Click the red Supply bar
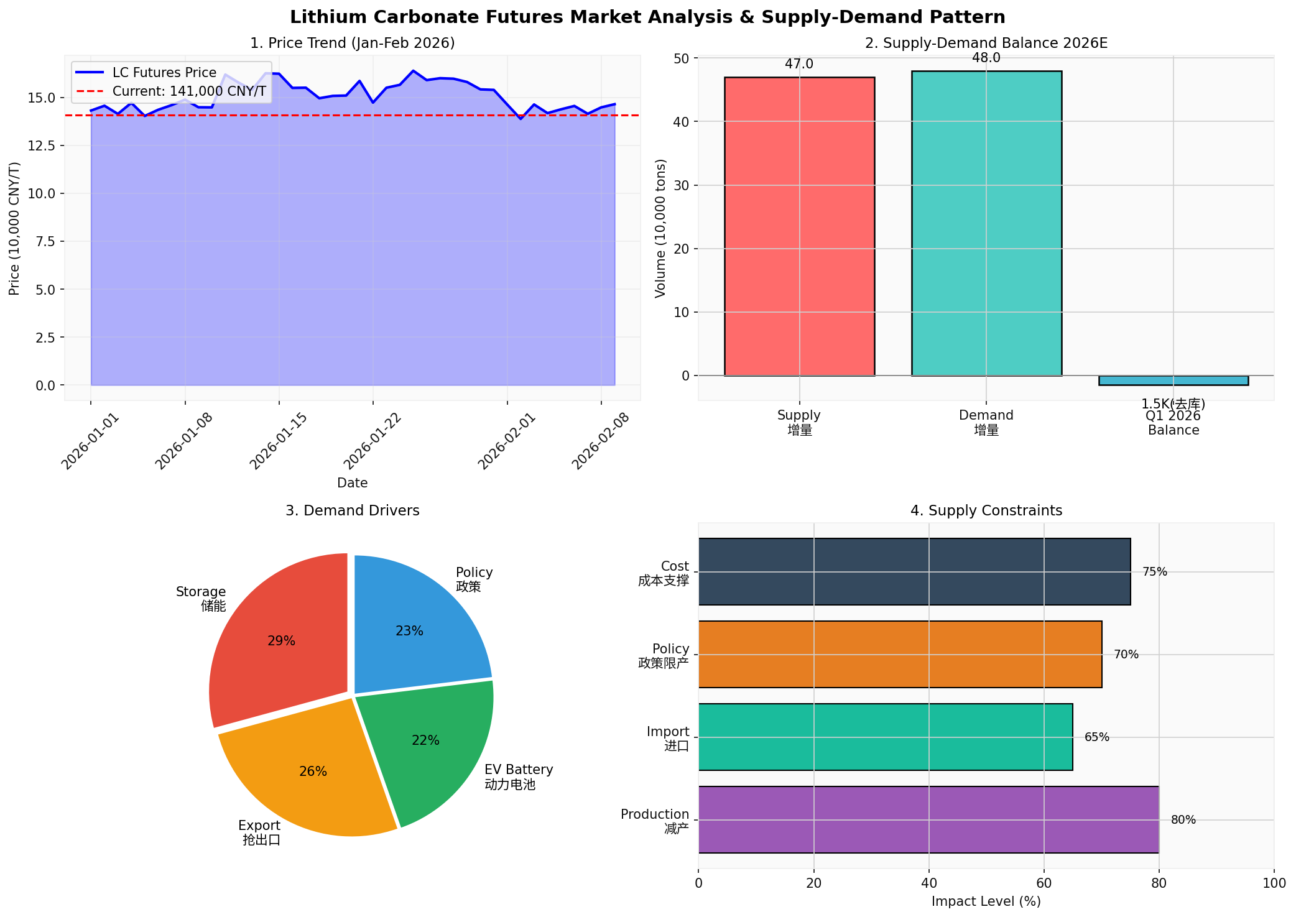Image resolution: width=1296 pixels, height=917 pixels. pos(799,226)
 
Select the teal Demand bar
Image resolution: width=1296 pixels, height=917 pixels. pos(986,223)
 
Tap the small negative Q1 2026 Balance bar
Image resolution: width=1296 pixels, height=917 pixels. pos(1173,380)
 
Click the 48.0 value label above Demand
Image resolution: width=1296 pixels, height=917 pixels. pos(986,58)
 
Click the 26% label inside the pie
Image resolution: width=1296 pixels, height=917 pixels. pos(313,772)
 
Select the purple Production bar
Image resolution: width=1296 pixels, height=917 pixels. pos(928,819)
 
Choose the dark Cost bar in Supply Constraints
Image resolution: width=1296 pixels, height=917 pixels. pos(914,571)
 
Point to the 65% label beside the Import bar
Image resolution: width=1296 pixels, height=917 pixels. pos(1096,737)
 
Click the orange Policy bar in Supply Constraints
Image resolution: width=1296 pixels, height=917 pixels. pos(900,654)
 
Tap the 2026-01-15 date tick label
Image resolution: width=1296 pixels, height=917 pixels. pos(278,441)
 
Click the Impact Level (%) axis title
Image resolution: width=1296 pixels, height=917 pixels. pos(986,901)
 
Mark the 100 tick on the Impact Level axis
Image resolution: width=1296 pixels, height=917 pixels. pos(1274,883)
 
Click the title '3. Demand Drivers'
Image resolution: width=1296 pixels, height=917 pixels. pos(352,510)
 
